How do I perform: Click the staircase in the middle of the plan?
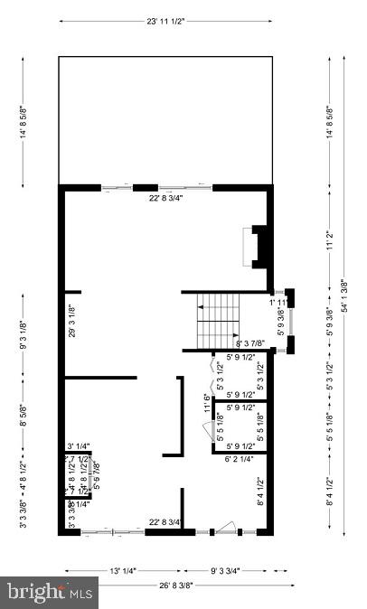pos(217,320)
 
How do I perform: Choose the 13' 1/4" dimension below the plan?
pos(122,569)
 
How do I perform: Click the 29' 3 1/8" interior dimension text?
pos(72,321)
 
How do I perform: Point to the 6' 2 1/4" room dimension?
pos(240,458)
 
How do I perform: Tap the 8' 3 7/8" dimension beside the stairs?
pos(250,343)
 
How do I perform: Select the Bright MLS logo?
pos(51,592)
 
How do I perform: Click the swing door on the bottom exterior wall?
pos(230,529)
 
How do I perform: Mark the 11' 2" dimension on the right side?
pos(326,239)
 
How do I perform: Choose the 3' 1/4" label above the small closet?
pos(79,445)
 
